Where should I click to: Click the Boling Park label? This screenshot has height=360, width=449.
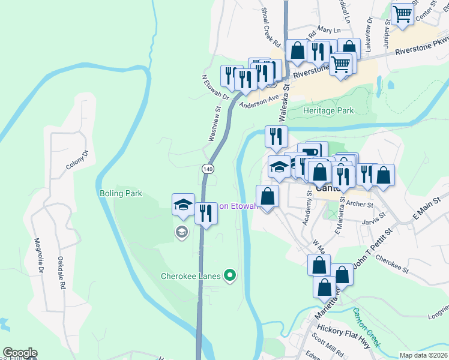pos(121,194)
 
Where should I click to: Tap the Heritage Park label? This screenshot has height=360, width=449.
pos(328,111)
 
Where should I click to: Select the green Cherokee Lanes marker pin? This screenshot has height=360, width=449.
pos(229,276)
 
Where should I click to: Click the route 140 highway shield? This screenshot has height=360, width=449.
pos(208,169)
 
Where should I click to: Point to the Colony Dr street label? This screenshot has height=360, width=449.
pos(77,160)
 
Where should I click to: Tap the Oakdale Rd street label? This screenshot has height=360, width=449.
pos(61,273)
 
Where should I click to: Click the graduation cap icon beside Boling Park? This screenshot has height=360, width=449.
pos(183,205)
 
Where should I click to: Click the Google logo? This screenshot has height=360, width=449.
pos(20,353)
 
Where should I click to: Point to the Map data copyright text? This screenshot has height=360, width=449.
pos(423,355)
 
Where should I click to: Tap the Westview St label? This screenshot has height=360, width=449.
pos(214,124)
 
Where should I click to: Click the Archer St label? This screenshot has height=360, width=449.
pos(360,205)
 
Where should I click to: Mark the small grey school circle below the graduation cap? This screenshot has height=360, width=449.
pos(181,232)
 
